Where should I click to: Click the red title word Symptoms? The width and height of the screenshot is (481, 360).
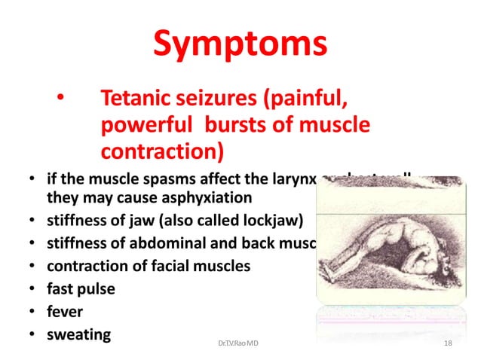pyautogui.click(x=240, y=44)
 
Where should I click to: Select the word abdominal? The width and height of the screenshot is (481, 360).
pyautogui.click(x=171, y=243)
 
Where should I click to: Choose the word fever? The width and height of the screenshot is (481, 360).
pyautogui.click(x=64, y=310)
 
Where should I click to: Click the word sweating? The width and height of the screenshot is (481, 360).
pyautogui.click(x=79, y=333)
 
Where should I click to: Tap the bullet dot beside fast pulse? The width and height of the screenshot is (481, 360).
pyautogui.click(x=32, y=289)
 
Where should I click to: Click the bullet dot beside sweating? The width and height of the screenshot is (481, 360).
pyautogui.click(x=32, y=334)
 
